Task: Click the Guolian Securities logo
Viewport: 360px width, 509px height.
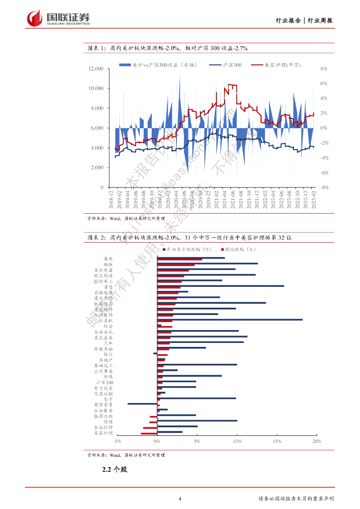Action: pyautogui.click(x=59, y=18)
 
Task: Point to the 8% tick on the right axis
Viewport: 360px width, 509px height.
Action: pyautogui.click(x=323, y=69)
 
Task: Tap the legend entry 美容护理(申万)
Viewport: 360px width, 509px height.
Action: pyautogui.click(x=282, y=65)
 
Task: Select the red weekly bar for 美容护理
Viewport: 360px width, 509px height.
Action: pyautogui.click(x=149, y=434)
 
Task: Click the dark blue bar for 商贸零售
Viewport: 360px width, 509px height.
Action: pyautogui.click(x=142, y=404)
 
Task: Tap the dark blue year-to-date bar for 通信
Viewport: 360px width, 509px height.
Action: pyautogui.click(x=220, y=286)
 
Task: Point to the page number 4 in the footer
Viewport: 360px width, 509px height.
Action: pyautogui.click(x=180, y=499)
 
